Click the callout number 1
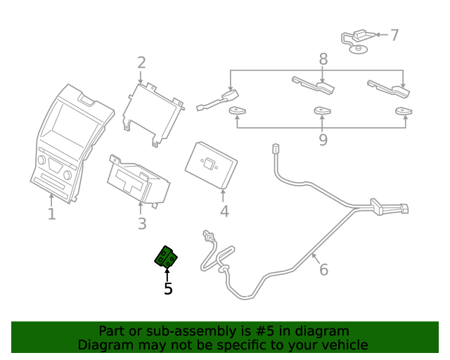point(51,214)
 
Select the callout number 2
point(141,63)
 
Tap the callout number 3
point(142,224)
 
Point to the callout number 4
point(224,211)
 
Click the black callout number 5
point(168,288)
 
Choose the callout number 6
point(323,269)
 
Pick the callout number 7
point(394,35)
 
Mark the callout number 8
point(323,59)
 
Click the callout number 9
point(323,140)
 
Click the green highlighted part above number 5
point(166,257)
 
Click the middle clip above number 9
point(323,110)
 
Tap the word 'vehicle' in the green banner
point(342,345)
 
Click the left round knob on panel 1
point(42,161)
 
